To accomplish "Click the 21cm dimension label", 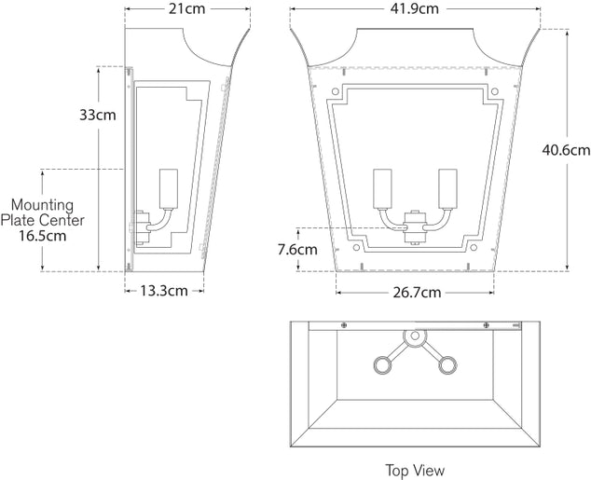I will (x=188, y=9).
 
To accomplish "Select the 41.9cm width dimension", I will (x=415, y=9).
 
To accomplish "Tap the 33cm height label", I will (x=97, y=116).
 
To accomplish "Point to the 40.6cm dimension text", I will (x=566, y=149).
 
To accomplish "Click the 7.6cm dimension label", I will (x=296, y=249).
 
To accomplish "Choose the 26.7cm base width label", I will (x=416, y=292).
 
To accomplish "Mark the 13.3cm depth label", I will (x=164, y=290).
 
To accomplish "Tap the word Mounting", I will (x=42, y=204).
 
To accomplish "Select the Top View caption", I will (x=415, y=470).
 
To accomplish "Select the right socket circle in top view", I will (x=449, y=363).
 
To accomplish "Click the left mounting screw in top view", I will (x=345, y=324).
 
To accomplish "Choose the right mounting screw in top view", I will (x=485, y=324).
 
